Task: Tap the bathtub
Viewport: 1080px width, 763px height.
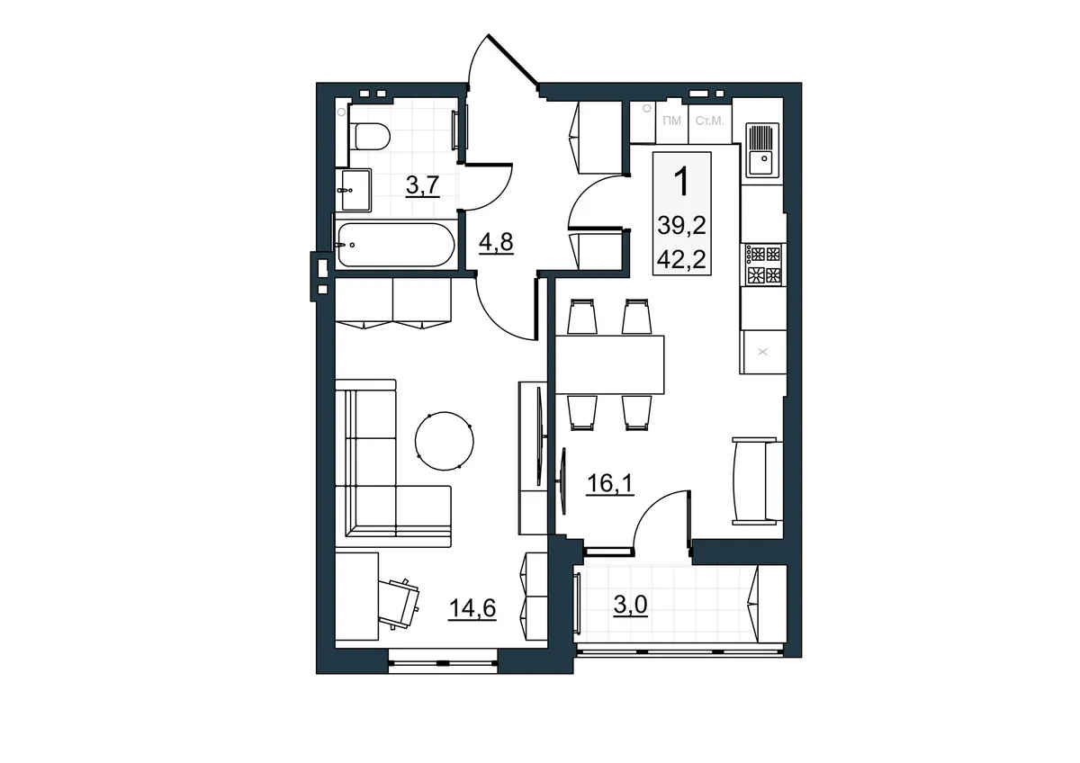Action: tap(396, 245)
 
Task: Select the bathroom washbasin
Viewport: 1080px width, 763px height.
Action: tap(355, 190)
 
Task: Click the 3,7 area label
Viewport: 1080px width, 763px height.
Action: tap(423, 185)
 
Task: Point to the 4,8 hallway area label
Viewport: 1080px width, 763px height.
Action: tap(496, 242)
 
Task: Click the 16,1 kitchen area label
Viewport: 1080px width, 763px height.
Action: tap(610, 483)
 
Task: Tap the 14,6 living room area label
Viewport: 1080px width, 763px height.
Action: tap(472, 609)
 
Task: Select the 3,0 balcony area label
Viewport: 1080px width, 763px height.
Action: tap(630, 605)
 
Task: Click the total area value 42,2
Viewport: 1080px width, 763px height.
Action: tap(681, 260)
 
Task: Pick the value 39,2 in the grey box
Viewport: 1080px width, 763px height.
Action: tap(681, 225)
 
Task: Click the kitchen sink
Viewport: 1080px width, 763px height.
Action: tap(762, 149)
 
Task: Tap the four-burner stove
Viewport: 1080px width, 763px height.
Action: tap(763, 265)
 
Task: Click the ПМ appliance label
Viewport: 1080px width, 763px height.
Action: tap(671, 121)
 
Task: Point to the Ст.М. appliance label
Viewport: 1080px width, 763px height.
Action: tap(710, 121)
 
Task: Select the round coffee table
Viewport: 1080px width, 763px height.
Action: tap(444, 441)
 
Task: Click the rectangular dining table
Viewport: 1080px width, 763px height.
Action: tap(609, 365)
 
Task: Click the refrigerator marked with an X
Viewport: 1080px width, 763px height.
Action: tap(763, 352)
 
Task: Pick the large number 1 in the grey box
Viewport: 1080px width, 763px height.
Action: tap(681, 181)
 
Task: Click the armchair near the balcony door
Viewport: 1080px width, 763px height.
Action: tap(758, 481)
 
